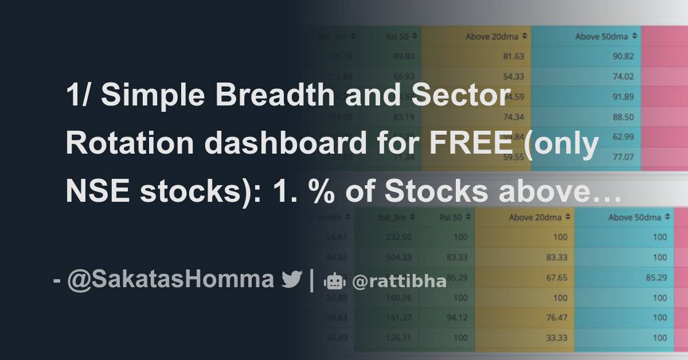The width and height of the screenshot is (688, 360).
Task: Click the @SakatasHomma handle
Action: click(170, 279)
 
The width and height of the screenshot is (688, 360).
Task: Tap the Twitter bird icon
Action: click(291, 280)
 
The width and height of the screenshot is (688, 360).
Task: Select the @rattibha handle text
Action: click(399, 281)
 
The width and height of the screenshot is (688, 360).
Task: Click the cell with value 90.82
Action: click(623, 56)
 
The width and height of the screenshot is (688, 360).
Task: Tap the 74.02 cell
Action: click(623, 76)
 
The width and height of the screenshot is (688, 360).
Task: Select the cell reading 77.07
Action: click(623, 156)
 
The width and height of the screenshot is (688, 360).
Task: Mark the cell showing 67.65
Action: click(557, 277)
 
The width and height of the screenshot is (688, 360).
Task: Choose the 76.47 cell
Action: click(557, 318)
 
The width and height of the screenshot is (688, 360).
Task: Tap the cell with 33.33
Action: click(557, 338)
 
